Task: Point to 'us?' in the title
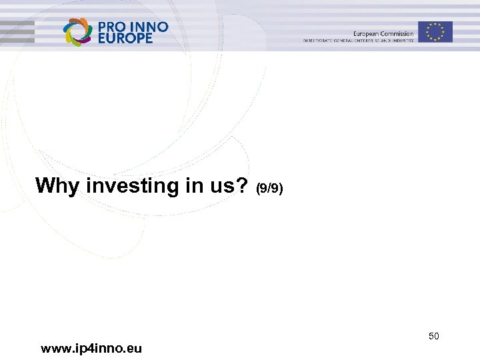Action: click(x=231, y=186)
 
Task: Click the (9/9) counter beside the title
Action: click(x=269, y=189)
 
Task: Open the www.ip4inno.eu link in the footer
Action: click(x=91, y=348)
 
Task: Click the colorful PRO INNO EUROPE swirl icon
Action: click(x=77, y=31)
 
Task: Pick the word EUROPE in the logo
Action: click(x=125, y=38)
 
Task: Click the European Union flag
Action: click(x=435, y=31)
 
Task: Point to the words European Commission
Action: click(x=383, y=33)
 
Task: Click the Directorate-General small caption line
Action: click(x=359, y=41)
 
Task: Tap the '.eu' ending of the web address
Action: click(x=133, y=348)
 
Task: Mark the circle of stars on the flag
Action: click(x=435, y=31)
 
